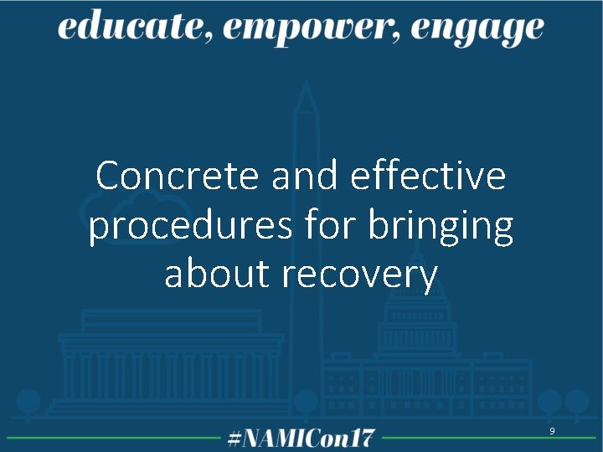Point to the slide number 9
click(552, 430)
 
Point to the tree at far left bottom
click(28, 403)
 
